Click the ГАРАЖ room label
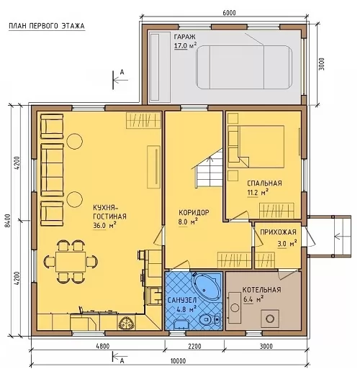tap(184, 37)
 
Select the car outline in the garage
tap(244, 68)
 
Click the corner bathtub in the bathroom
tap(207, 286)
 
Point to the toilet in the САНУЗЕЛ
tap(210, 319)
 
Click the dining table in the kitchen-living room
tap(71, 262)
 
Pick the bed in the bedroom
tap(256, 147)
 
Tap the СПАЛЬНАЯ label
tap(264, 183)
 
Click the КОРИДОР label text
tap(194, 213)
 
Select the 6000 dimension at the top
tap(229, 12)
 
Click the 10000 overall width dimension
tap(178, 361)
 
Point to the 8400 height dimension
tap(9, 221)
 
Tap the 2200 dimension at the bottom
tap(194, 346)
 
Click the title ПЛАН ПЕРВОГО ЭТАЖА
tap(47, 26)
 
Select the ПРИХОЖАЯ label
tap(278, 232)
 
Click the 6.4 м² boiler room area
tap(253, 299)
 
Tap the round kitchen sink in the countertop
tap(125, 324)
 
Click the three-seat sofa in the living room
tap(52, 170)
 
